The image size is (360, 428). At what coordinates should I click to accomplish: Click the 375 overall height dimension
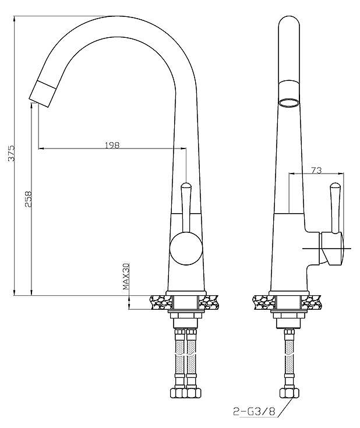[x=12, y=153]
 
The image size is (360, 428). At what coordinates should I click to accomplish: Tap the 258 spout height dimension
[x=29, y=199]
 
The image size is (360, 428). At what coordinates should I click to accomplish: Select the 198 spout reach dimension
[x=112, y=145]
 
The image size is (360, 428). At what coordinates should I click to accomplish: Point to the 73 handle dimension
[x=316, y=170]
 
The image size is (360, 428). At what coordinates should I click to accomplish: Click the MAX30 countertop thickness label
[x=126, y=276]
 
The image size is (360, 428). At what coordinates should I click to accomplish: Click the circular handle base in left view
[x=186, y=249]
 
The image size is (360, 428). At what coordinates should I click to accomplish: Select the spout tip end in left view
[x=43, y=93]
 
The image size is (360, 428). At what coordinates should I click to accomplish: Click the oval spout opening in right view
[x=289, y=102]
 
